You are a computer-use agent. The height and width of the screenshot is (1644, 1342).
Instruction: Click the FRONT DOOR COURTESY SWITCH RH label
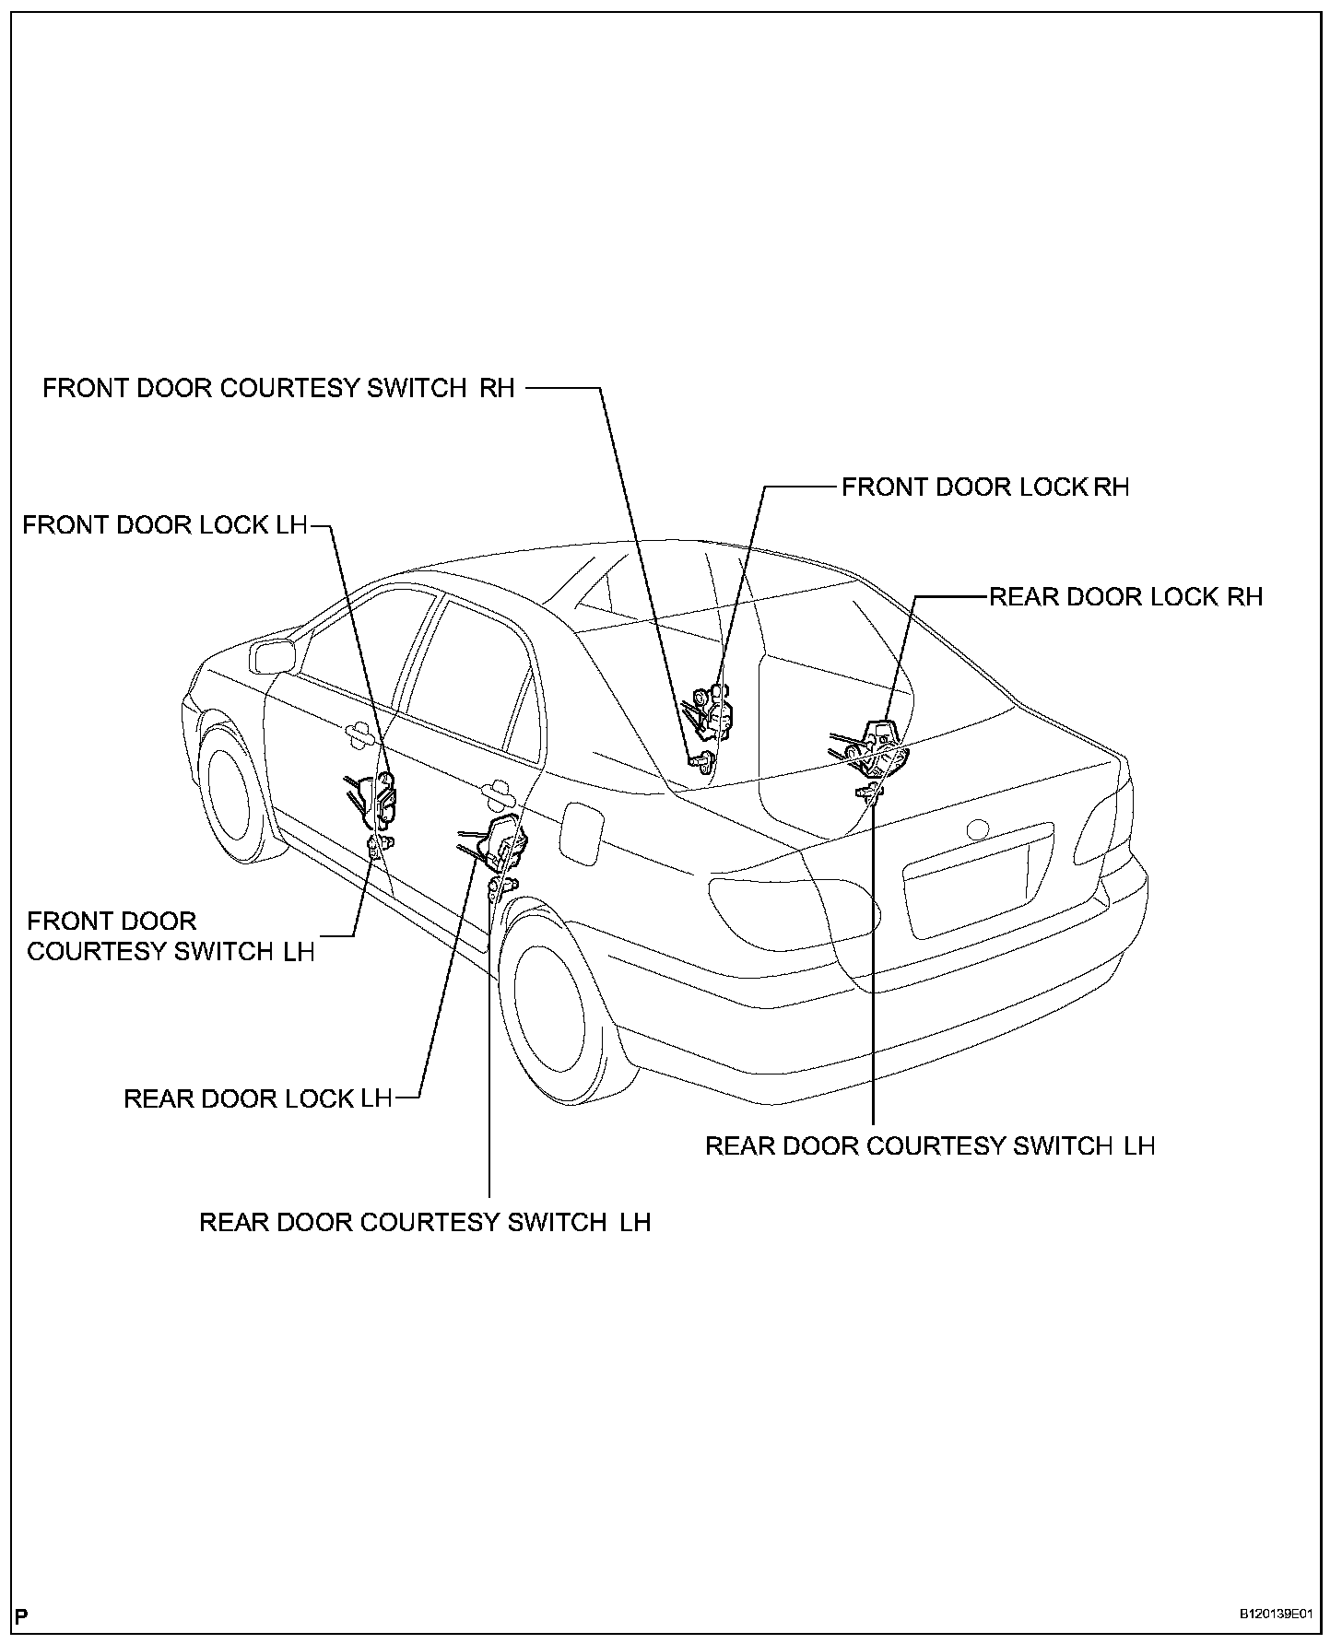coord(278,388)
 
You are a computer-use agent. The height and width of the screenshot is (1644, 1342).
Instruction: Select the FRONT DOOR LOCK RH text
coord(984,487)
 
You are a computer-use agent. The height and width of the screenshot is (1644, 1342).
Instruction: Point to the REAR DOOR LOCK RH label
coord(1124,597)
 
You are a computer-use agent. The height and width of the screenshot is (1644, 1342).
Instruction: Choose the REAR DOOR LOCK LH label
coord(258,1098)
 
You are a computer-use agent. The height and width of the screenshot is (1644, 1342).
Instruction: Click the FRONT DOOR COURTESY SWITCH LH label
coord(171,936)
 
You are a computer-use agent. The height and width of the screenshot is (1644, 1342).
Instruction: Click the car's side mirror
coord(272,656)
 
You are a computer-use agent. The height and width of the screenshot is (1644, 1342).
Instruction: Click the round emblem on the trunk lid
coord(976,830)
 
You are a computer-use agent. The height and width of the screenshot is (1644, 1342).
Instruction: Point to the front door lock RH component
coord(713,710)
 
